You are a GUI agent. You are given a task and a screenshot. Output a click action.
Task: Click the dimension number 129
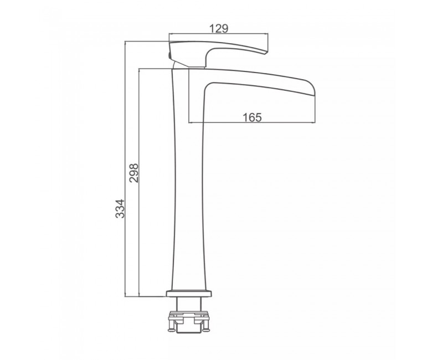coord(219,28)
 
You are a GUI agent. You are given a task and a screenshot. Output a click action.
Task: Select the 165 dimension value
coord(252,117)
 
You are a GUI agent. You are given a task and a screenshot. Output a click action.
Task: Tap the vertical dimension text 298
coord(134,173)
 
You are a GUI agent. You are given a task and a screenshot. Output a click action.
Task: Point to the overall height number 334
coord(120,208)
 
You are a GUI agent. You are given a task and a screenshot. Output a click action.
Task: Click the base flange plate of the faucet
coord(189,294)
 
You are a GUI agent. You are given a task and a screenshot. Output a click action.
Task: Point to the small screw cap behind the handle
coord(169,55)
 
